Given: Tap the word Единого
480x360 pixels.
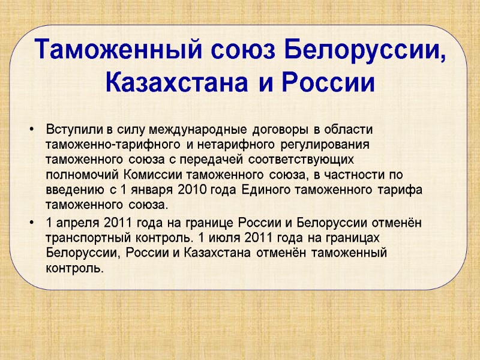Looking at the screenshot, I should tap(269, 190).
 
